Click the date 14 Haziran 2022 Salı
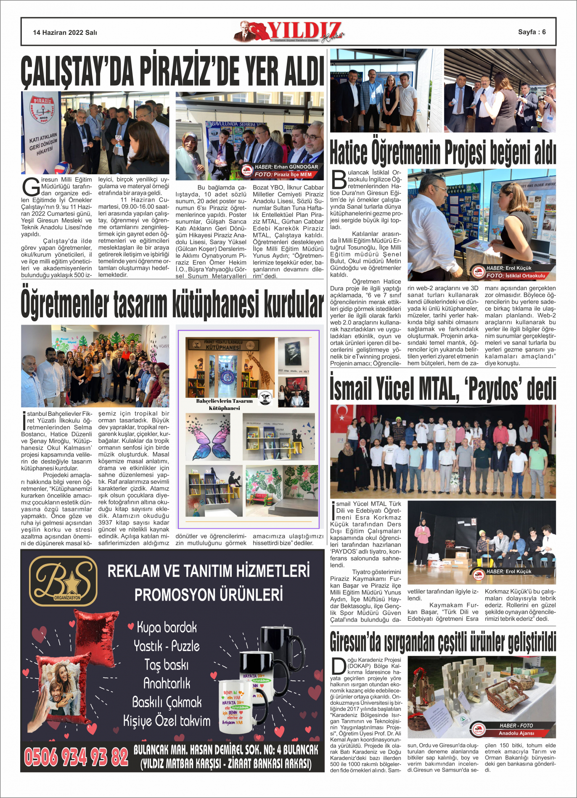tap(65, 32)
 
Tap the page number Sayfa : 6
tap(532, 32)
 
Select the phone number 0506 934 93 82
tap(76, 756)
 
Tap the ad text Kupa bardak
tap(167, 627)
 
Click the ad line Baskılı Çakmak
tap(167, 702)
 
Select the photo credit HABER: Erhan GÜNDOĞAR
tap(286, 167)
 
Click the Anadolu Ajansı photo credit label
tap(516, 733)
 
